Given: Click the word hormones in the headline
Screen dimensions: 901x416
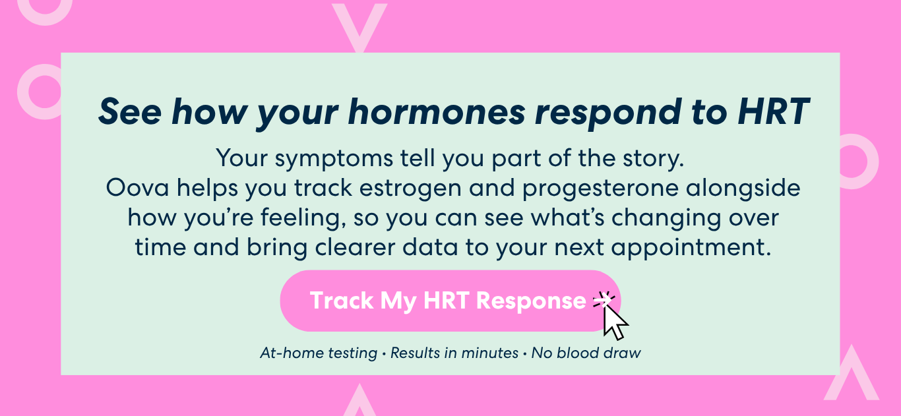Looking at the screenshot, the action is click(x=437, y=111).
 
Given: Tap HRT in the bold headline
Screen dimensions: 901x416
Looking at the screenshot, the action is click(x=773, y=111).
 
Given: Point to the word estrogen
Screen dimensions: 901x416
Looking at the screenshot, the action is click(x=410, y=189).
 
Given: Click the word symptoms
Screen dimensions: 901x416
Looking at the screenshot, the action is click(x=334, y=159).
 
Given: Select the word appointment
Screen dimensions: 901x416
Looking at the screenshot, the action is click(x=691, y=248).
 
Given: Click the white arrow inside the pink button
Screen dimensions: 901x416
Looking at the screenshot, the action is click(x=602, y=301).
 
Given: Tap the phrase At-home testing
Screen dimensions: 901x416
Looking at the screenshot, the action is click(x=319, y=353).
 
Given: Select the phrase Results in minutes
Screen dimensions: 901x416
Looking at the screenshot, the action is click(x=454, y=353).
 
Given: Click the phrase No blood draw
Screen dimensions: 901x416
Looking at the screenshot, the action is click(x=586, y=353).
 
